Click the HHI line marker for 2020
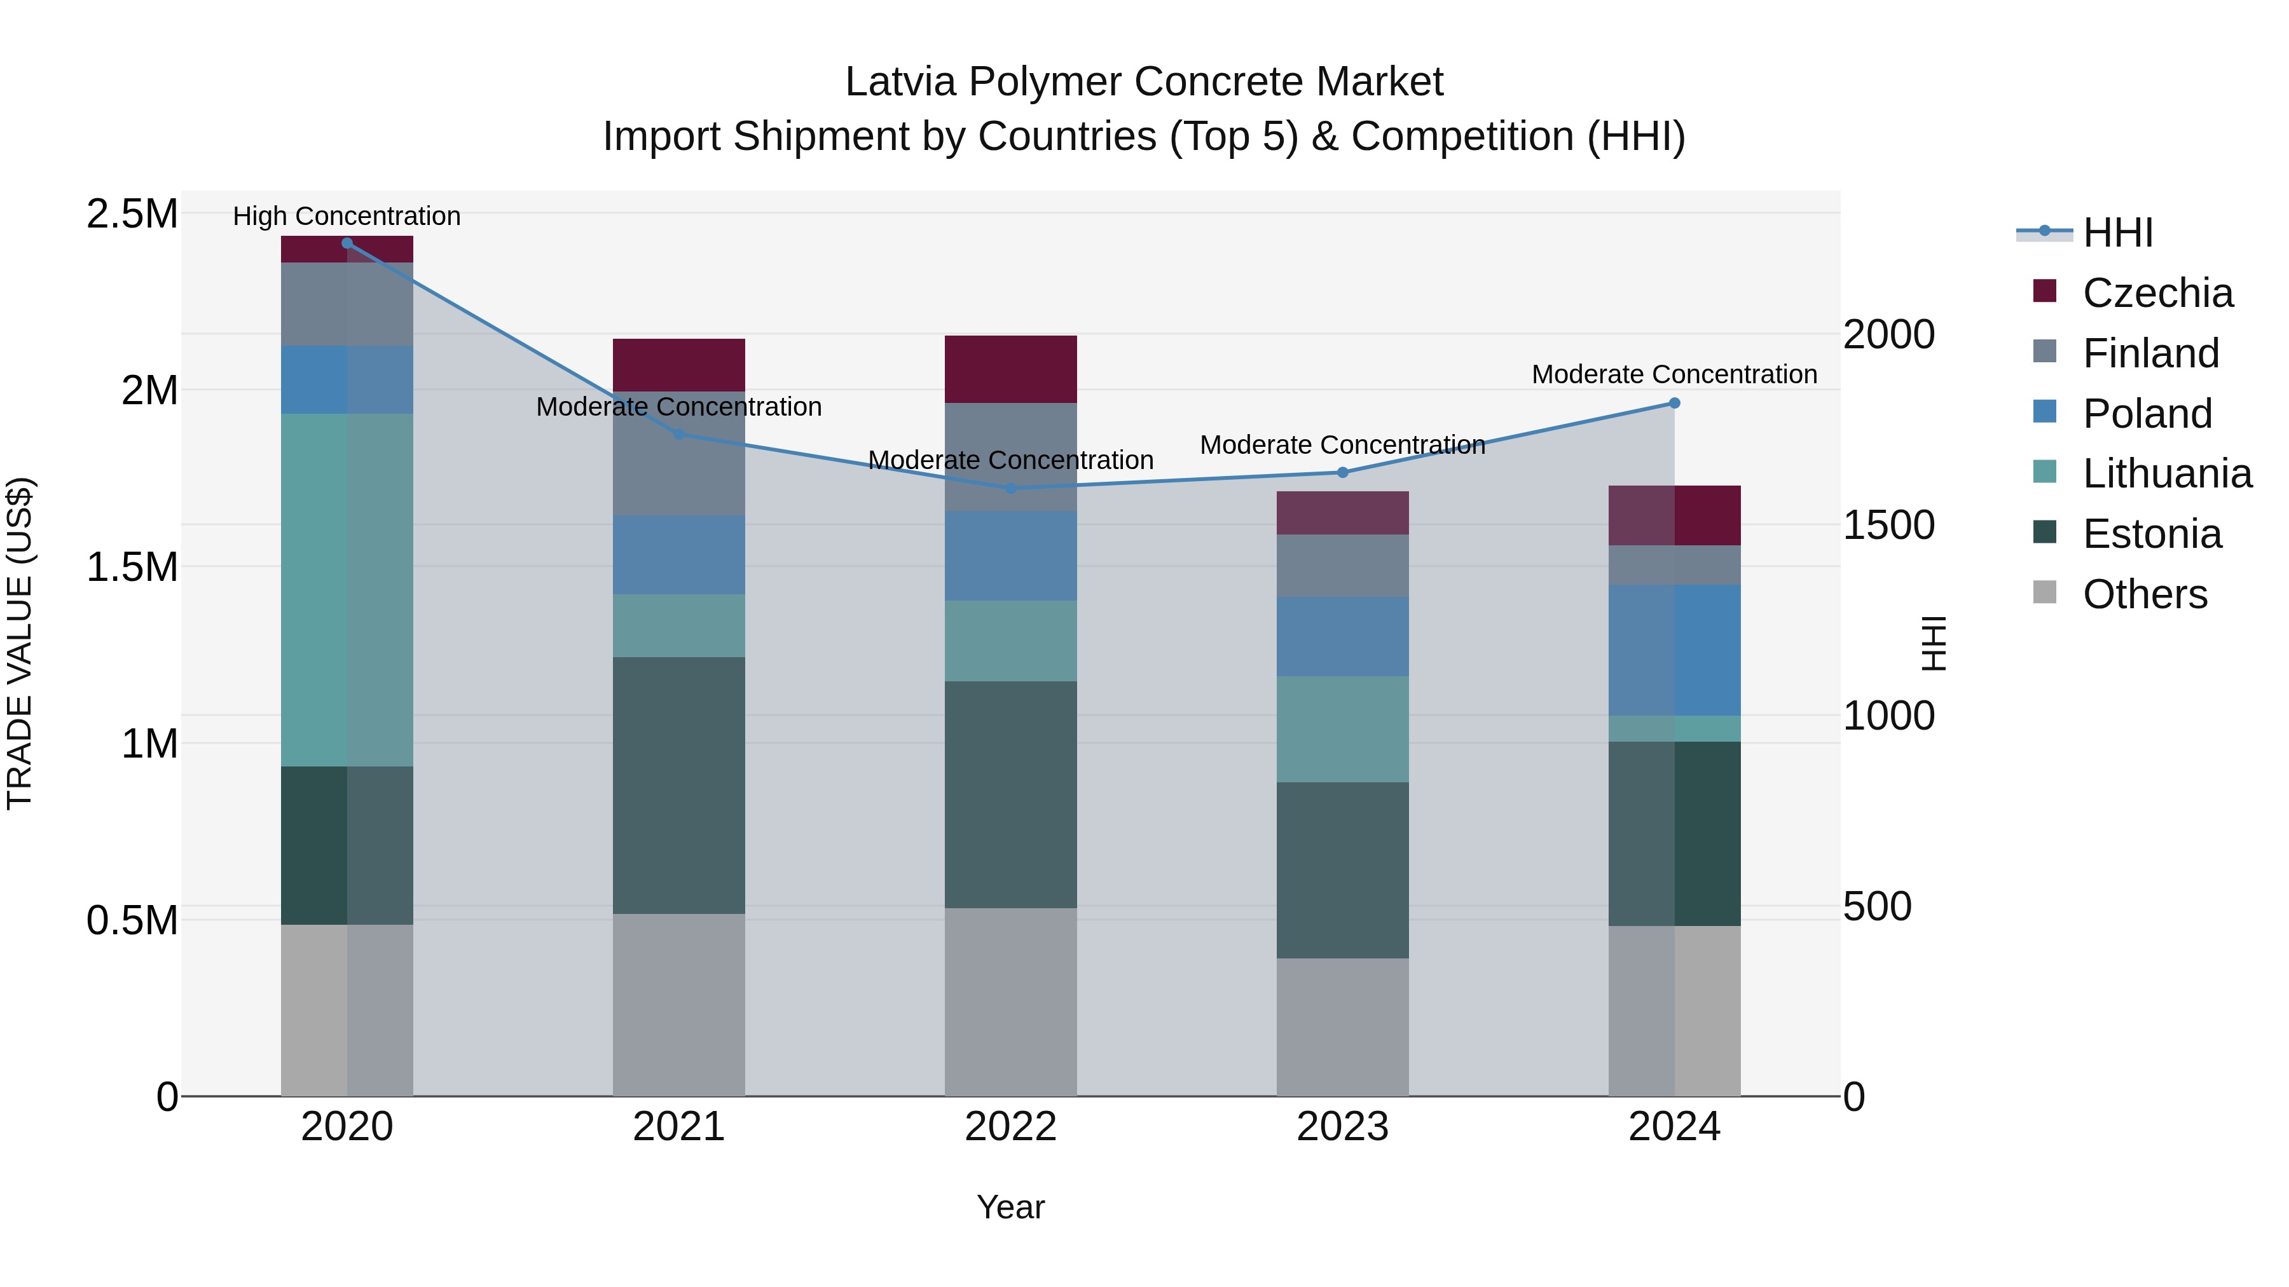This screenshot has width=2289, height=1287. pyautogui.click(x=347, y=243)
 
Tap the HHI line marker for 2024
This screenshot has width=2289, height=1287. pyautogui.click(x=1674, y=403)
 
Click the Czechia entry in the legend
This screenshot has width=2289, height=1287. pyautogui.click(x=2157, y=293)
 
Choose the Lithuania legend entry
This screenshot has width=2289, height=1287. pyautogui.click(x=2166, y=473)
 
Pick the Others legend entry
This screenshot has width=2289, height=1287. pyautogui.click(x=2144, y=594)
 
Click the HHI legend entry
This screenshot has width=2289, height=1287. pyautogui.click(x=2117, y=233)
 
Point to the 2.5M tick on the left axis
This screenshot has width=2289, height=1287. pyautogui.click(x=132, y=214)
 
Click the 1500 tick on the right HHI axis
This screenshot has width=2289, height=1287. pyautogui.click(x=1888, y=525)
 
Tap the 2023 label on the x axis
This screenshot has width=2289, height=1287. pyautogui.click(x=1342, y=1127)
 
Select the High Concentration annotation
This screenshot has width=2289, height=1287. pyautogui.click(x=347, y=216)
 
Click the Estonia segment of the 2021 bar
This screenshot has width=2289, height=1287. pyautogui.click(x=679, y=785)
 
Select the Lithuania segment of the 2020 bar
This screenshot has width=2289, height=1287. pyautogui.click(x=347, y=590)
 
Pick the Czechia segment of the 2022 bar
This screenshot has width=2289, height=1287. pyautogui.click(x=1010, y=369)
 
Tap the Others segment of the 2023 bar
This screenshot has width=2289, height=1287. pyautogui.click(x=1342, y=1027)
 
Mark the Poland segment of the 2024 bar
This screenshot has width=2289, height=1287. pyautogui.click(x=1674, y=650)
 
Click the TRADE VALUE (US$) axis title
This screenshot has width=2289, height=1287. pyautogui.click(x=20, y=643)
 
